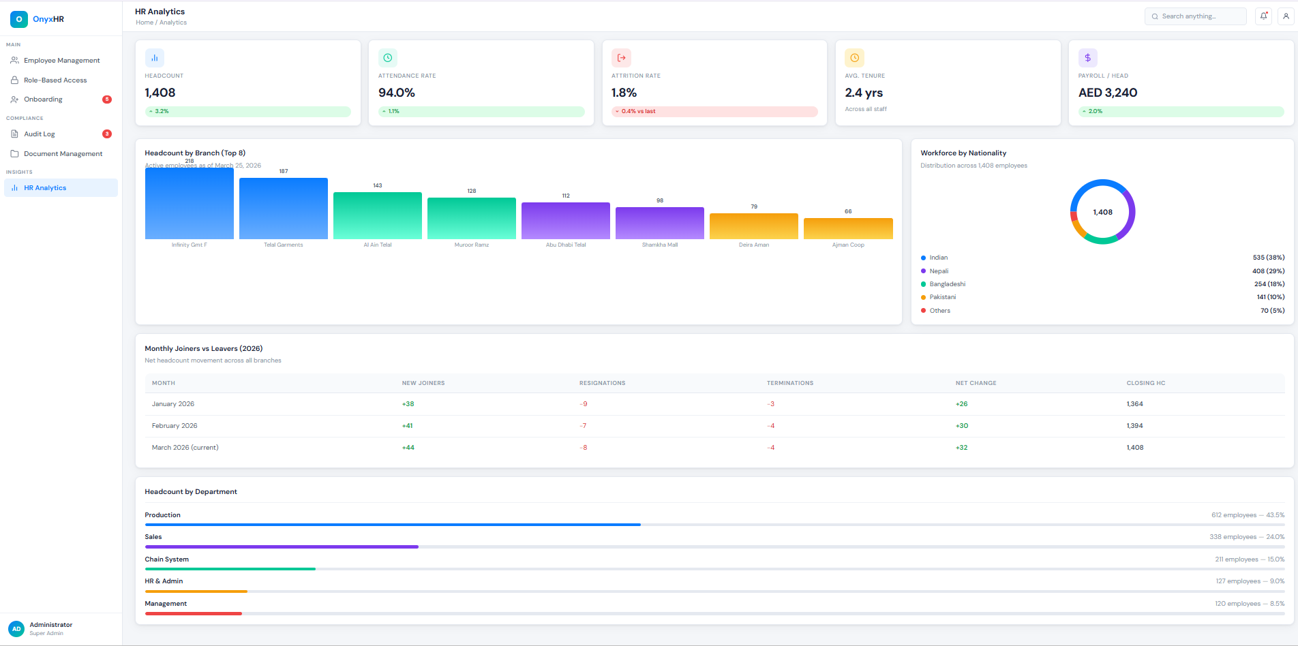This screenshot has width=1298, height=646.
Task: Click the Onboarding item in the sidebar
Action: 43,99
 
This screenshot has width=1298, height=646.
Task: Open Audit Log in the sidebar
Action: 40,134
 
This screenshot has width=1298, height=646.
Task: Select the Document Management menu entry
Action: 63,154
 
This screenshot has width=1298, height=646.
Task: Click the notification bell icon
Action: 1263,16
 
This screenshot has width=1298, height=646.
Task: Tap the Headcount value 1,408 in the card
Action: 160,93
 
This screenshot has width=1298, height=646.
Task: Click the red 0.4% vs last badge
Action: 638,111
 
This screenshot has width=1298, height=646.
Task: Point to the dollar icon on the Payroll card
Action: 1087,58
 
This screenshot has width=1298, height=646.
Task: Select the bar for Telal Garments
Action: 284,209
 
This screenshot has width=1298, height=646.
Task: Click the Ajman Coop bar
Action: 848,228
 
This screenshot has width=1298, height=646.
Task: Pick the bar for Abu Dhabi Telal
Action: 566,221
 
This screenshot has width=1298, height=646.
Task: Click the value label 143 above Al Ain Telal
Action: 378,185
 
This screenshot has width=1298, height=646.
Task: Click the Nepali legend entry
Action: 939,271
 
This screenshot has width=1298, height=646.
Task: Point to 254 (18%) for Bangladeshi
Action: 1269,284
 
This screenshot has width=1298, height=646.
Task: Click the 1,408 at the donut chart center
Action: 1102,212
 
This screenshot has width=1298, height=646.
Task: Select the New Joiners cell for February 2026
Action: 408,426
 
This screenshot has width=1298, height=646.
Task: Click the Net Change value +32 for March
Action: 961,448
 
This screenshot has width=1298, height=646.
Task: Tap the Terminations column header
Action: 789,383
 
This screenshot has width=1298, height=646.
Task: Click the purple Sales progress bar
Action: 282,547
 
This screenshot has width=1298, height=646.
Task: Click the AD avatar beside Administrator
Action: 16,628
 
